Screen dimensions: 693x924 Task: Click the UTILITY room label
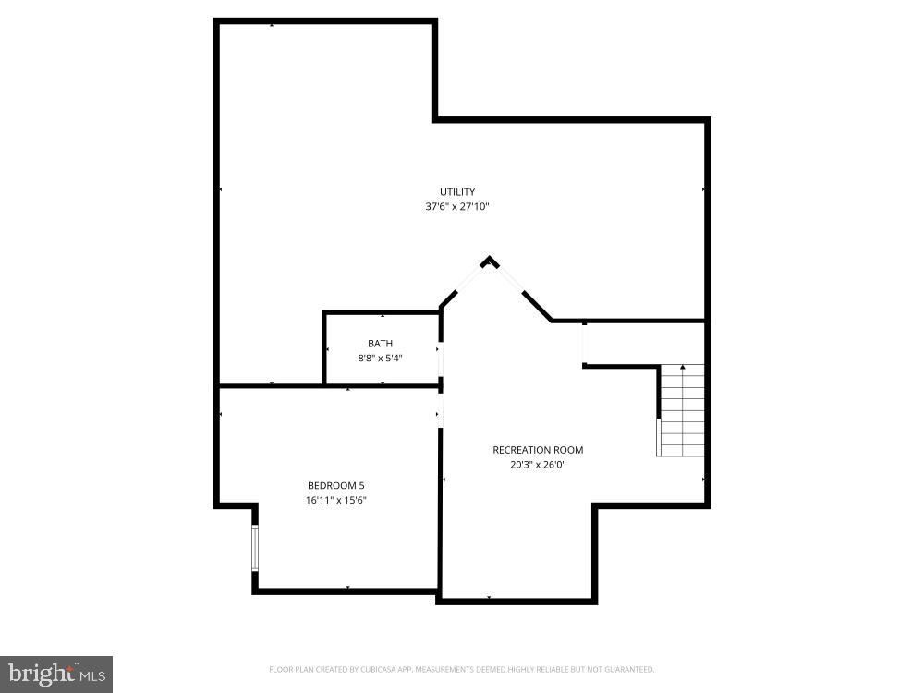coord(457,192)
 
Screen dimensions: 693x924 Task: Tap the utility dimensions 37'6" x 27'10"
coord(457,207)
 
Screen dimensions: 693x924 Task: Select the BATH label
coord(380,344)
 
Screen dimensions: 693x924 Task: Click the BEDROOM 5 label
coord(329,485)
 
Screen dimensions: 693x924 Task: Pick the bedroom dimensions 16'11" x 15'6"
coord(329,500)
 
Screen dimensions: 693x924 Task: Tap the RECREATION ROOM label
coord(538,450)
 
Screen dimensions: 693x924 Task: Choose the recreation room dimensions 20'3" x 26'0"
coord(538,465)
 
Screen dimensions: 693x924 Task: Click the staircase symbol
coord(682,410)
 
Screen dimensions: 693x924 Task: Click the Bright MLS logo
coord(55,674)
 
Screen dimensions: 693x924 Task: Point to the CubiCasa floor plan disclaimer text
coord(461,669)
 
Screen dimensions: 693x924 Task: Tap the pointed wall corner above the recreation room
coord(490,261)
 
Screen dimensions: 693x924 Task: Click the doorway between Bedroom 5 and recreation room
coord(441,407)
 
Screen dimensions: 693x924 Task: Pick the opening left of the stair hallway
coord(584,344)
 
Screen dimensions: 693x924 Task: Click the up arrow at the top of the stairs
coord(683,369)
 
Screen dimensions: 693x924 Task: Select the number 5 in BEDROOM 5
coord(348,485)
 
